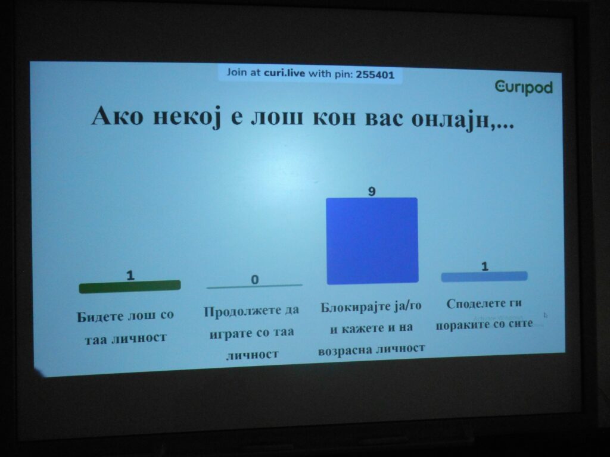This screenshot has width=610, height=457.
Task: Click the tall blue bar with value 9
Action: click(x=372, y=241)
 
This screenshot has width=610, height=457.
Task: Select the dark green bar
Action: click(x=130, y=286)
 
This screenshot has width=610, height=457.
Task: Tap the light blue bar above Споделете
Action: click(x=484, y=277)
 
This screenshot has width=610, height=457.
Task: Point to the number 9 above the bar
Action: click(x=372, y=191)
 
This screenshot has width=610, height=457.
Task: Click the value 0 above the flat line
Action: click(x=254, y=280)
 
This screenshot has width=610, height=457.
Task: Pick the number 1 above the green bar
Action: click(x=130, y=275)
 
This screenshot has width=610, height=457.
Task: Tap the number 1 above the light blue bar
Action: click(x=485, y=266)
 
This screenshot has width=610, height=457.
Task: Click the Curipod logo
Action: click(x=524, y=88)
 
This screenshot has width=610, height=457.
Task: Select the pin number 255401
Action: click(x=375, y=74)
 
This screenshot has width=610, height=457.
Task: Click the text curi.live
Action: click(x=284, y=73)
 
